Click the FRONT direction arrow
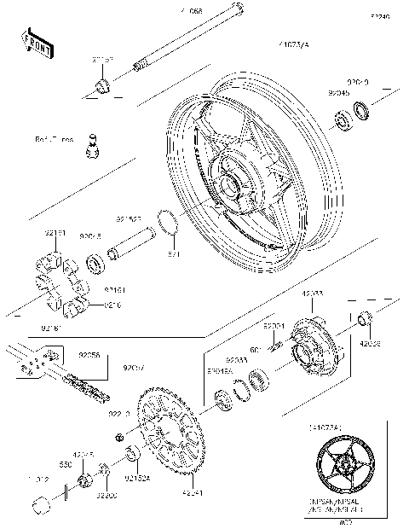tap(37, 43)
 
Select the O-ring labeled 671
tap(171, 226)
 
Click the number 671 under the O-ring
tap(174, 254)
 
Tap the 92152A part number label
tap(138, 480)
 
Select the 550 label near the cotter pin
tap(66, 466)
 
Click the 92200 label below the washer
tap(106, 495)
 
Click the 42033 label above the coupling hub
tap(312, 293)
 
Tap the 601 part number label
tap(255, 349)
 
